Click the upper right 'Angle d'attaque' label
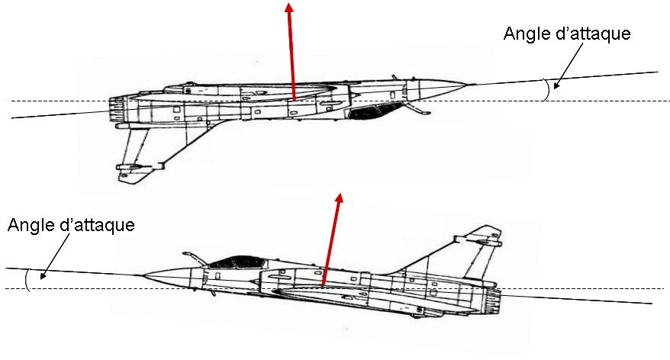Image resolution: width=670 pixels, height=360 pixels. point(567,35)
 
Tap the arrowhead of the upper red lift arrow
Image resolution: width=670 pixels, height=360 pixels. point(289,8)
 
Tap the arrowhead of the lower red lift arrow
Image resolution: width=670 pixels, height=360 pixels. point(339,198)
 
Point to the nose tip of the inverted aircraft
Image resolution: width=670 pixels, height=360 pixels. point(473,84)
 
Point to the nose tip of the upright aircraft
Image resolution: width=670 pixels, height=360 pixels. point(144,275)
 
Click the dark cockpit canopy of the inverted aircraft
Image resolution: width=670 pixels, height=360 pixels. point(371,112)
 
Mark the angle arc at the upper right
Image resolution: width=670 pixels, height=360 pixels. point(545,89)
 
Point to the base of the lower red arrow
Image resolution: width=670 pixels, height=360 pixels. point(324,287)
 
